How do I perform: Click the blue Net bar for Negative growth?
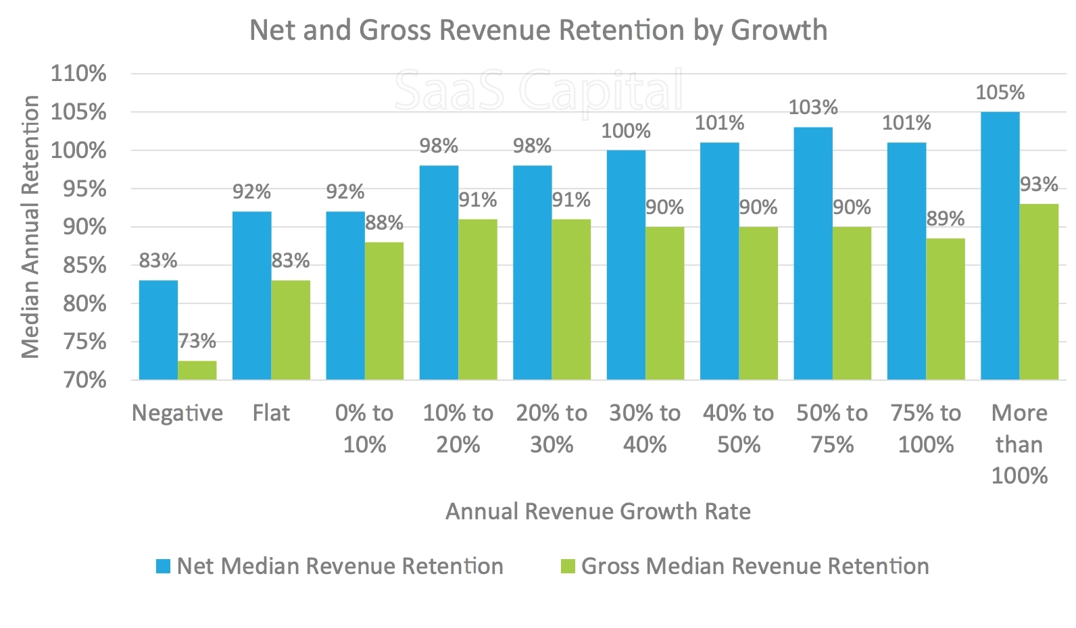point(158,330)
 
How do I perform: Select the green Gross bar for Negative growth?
point(197,370)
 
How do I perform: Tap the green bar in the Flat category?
point(291,330)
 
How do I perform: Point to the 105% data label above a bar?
point(1000,93)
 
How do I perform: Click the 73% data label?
point(197,341)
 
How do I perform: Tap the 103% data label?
point(813,107)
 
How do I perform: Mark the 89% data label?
point(945,219)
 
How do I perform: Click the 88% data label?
point(384,223)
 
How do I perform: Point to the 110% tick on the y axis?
point(79,74)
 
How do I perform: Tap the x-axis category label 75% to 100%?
point(925,428)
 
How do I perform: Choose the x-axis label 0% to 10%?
point(364,428)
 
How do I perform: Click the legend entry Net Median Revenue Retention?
point(340,566)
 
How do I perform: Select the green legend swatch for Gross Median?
point(568,566)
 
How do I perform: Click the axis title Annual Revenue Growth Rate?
point(597,511)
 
